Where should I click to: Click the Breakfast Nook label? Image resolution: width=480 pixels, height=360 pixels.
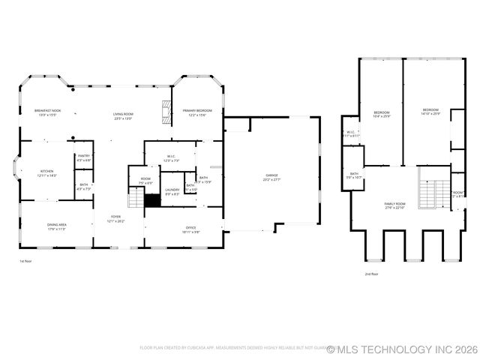47,112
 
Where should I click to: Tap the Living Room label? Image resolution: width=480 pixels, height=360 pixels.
123,115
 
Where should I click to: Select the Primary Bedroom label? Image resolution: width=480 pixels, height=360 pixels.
197,112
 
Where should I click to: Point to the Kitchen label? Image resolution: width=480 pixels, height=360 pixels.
46,172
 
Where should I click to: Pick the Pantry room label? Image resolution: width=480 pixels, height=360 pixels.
83,157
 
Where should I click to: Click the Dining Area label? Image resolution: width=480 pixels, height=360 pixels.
57,226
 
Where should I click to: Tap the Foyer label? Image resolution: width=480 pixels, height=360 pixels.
115,218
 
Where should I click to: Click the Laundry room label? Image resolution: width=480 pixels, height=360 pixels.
172,191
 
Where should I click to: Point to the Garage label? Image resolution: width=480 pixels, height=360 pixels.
271,178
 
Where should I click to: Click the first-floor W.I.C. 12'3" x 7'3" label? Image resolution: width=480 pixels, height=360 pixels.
171,158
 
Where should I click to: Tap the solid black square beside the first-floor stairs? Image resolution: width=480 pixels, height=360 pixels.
153,201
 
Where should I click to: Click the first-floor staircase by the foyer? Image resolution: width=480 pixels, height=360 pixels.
136,199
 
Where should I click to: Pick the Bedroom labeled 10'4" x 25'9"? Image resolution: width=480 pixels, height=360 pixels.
382,114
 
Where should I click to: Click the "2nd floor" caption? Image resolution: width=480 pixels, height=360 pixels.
370,274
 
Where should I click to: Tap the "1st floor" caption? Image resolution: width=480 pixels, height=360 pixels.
25,261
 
